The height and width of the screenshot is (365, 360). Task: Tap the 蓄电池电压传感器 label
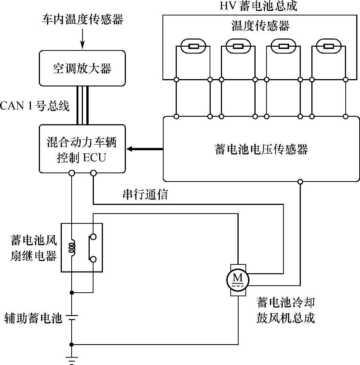[x=261, y=149]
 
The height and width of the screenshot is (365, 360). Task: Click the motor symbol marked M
[x=237, y=280]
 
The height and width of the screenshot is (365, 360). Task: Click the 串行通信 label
[x=145, y=194]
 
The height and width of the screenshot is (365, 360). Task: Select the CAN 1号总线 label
[x=35, y=106]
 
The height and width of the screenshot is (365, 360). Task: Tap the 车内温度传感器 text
[x=83, y=19]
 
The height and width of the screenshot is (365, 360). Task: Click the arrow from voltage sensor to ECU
[x=144, y=149]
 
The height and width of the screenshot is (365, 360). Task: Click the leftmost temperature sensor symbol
[x=193, y=46]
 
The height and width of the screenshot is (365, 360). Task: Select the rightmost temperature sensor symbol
[x=329, y=46]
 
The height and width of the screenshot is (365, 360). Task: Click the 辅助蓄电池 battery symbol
[x=72, y=318]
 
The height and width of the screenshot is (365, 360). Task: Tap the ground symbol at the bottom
[x=72, y=360]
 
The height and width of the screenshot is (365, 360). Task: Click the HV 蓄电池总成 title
[x=258, y=6]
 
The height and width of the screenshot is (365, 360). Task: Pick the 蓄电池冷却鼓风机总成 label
[x=286, y=310]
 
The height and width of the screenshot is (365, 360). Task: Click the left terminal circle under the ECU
[x=72, y=173]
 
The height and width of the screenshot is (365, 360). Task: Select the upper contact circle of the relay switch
[x=93, y=237]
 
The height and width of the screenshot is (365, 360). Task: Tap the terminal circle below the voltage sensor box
[x=300, y=181]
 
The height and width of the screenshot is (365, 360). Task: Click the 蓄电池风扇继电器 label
[x=34, y=248]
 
